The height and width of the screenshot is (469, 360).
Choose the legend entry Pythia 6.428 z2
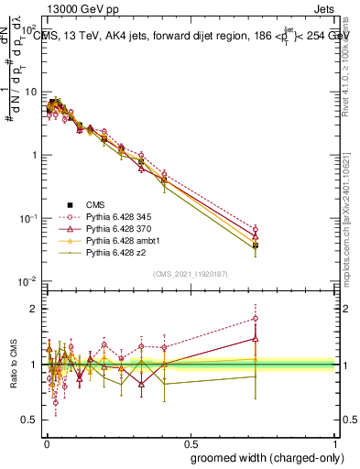coord(112,252)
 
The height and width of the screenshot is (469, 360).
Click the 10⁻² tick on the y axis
coord(29,280)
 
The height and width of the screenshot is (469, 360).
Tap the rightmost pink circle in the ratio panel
coord(256,319)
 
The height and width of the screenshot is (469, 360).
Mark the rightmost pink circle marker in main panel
coord(256,229)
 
